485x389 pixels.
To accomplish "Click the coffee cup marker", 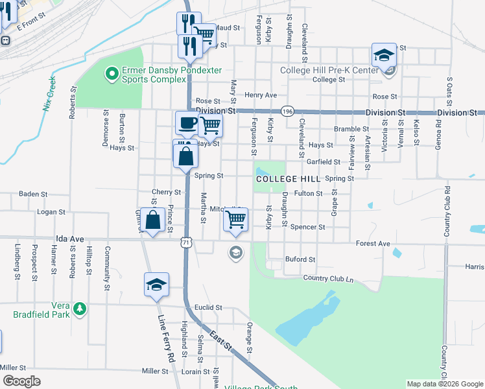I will [x=187, y=122].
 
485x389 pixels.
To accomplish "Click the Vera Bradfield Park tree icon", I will [x=79, y=307].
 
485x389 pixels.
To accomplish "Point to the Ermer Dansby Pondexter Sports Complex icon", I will [x=112, y=73].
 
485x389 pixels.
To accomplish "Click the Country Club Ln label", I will [x=328, y=278].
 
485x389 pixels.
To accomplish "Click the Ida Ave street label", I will [x=71, y=239].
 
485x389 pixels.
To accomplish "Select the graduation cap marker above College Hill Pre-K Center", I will [x=384, y=54].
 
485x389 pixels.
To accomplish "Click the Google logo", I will [x=21, y=381].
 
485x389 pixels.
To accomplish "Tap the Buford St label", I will [x=300, y=259].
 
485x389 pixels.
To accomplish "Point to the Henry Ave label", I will [x=261, y=95].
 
